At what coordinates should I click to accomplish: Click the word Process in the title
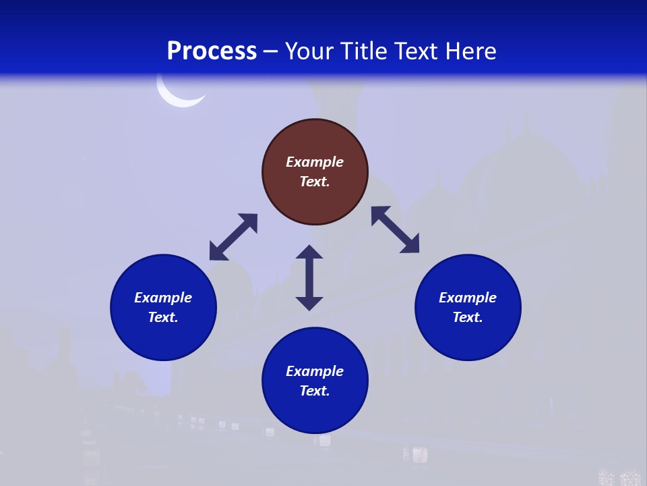(x=212, y=51)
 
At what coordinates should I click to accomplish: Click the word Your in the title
(x=310, y=51)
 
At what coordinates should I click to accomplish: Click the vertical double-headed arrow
(x=309, y=277)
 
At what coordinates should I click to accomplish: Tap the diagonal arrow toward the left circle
(x=233, y=237)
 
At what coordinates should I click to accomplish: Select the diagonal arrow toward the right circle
(x=395, y=230)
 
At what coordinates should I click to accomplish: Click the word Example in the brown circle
(x=315, y=162)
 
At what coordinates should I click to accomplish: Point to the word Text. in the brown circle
(x=315, y=182)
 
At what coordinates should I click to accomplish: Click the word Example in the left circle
(x=163, y=298)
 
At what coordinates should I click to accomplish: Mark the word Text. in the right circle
(x=468, y=317)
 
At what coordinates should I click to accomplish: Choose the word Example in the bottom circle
(x=315, y=371)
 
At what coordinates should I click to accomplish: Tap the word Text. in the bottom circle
(x=315, y=391)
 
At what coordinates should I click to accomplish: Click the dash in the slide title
(x=270, y=51)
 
